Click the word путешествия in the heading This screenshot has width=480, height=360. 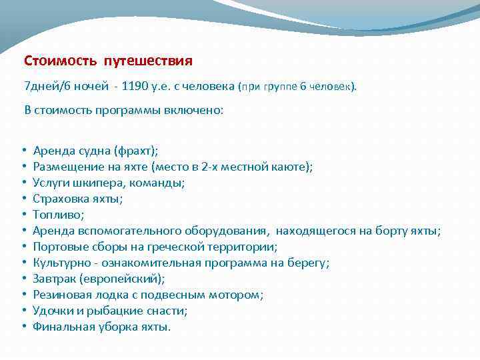point(147,61)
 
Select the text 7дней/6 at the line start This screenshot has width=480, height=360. point(44,86)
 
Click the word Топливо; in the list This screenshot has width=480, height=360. point(58,215)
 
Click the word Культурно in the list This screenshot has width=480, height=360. point(59,263)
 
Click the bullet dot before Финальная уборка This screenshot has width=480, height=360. point(23,327)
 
